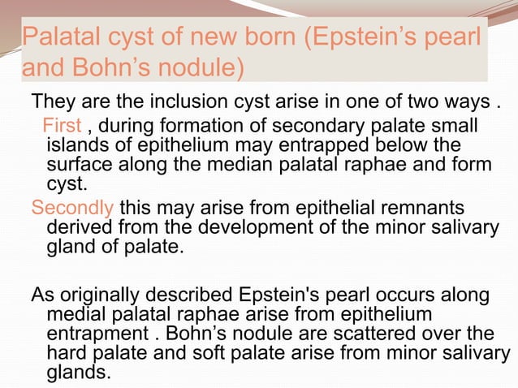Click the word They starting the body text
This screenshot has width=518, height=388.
point(50,104)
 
